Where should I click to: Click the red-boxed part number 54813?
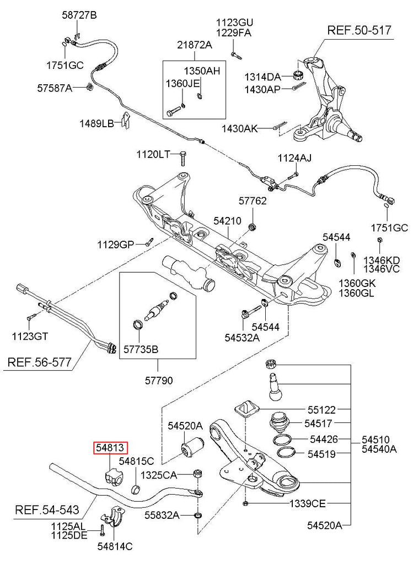click(x=110, y=448)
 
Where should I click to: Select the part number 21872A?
click(x=194, y=45)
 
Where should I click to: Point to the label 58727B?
click(x=79, y=15)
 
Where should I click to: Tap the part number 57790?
click(x=158, y=381)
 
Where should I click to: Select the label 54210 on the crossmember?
click(x=227, y=220)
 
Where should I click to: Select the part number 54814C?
click(x=115, y=546)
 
